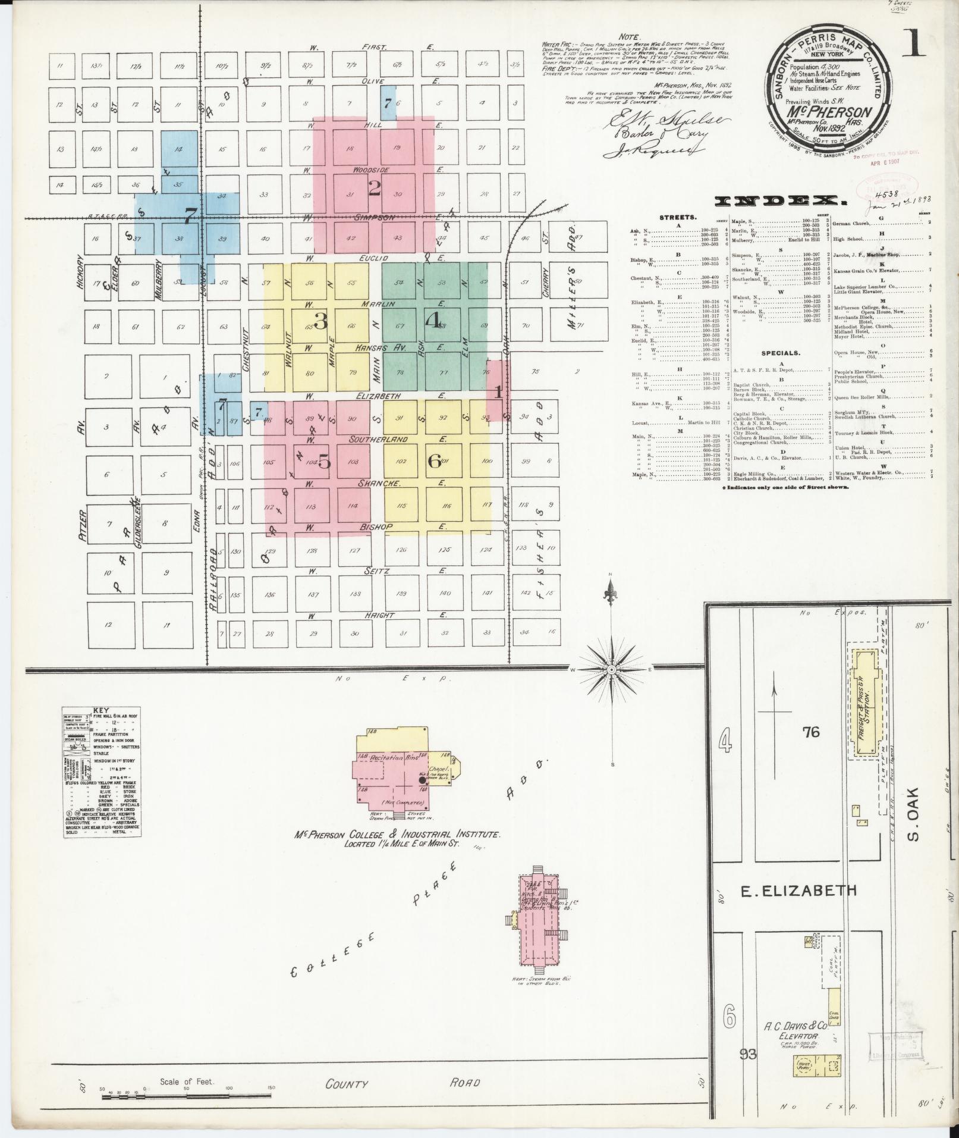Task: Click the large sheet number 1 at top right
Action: (x=914, y=45)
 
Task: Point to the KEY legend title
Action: (x=102, y=710)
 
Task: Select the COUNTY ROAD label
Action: (x=402, y=1084)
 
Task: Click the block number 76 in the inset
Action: (x=811, y=732)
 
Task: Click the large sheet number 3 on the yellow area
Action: (x=320, y=322)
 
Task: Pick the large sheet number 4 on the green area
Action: (x=432, y=320)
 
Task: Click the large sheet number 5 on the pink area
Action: (x=324, y=461)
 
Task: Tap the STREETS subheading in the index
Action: (x=678, y=218)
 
